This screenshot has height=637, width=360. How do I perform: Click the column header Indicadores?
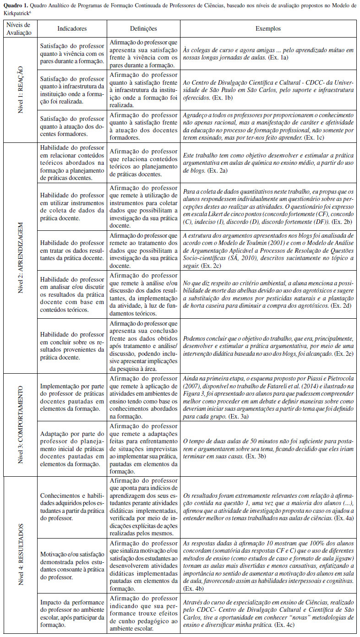click(x=72, y=28)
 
